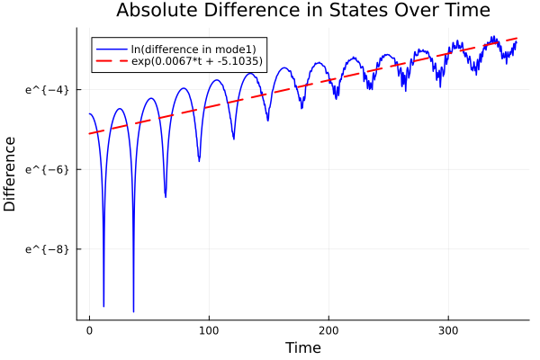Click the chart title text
click(x=302, y=11)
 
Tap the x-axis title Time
click(x=302, y=347)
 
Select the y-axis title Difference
click(x=11, y=173)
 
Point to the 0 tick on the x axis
click(x=89, y=330)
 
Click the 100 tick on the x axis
click(x=210, y=330)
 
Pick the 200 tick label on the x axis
click(x=330, y=330)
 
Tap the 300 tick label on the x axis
click(x=450, y=330)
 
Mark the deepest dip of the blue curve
click(x=133, y=311)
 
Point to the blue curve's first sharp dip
click(x=103, y=306)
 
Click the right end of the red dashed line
click(x=517, y=39)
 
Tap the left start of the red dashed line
click(x=89, y=134)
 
